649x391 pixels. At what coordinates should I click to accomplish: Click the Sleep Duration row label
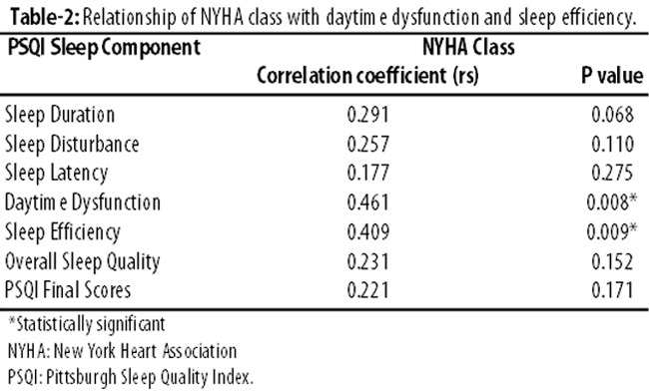[60, 115]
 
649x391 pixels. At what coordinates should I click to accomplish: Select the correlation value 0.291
[368, 115]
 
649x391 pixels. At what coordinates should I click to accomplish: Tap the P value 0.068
[612, 115]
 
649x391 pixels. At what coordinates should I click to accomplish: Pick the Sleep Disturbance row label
[72, 145]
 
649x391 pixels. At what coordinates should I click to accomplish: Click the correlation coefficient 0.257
[368, 145]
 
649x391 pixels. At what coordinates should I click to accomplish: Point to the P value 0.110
[612, 145]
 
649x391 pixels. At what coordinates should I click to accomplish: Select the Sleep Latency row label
[56, 174]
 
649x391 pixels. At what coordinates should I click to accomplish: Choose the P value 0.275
[612, 174]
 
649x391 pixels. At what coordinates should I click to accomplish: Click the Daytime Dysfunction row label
[82, 202]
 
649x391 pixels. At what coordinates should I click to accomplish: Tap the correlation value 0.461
[368, 202]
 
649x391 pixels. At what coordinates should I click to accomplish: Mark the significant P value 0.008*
[612, 202]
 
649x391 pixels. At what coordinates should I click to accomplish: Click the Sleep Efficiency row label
[63, 232]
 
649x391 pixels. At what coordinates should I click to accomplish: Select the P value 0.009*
[612, 231]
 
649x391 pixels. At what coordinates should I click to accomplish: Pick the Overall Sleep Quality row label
[82, 261]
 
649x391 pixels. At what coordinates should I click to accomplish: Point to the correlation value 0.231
[368, 261]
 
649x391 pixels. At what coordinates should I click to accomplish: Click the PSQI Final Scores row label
[68, 290]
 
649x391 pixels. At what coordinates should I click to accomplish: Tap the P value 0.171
[612, 290]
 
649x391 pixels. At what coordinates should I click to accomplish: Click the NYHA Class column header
[468, 47]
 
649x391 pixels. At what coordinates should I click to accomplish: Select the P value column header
[612, 76]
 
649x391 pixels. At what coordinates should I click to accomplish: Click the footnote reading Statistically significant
[87, 324]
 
